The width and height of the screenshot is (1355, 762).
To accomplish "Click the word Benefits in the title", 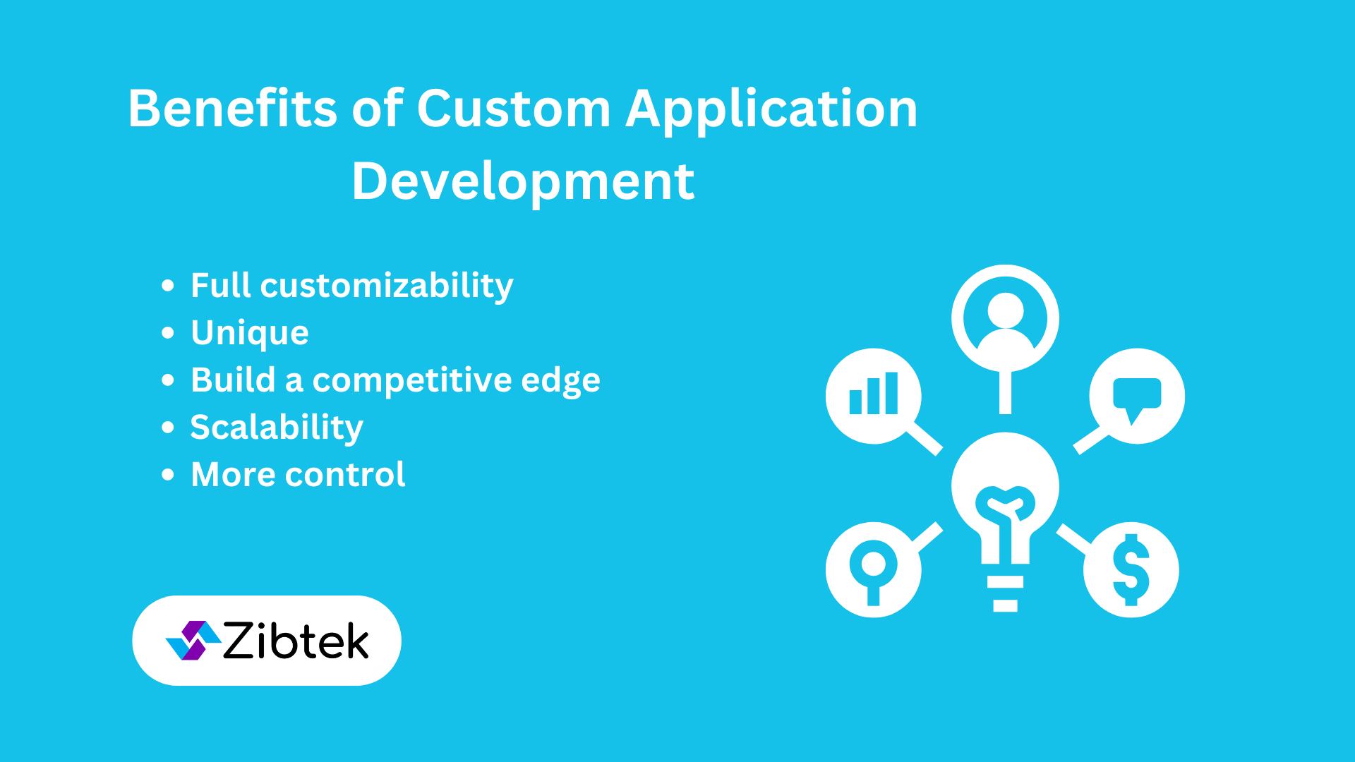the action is (x=233, y=109).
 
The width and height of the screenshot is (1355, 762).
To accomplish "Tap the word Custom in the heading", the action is (x=514, y=109).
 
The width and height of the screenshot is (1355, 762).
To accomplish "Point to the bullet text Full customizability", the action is (x=352, y=286).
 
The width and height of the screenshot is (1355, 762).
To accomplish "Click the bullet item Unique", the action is (x=250, y=333).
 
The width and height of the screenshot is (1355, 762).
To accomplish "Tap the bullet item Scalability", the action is (x=277, y=428).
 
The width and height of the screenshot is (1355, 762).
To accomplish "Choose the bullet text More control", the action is (x=299, y=474).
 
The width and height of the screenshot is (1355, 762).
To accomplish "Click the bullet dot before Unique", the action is (x=168, y=333).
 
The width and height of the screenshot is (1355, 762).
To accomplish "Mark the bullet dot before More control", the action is (x=168, y=475).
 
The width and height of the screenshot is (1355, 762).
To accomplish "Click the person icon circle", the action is (x=1005, y=318).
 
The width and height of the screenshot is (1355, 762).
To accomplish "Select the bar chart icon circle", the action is (x=874, y=396).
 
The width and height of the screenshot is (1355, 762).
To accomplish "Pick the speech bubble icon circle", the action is (x=1137, y=396).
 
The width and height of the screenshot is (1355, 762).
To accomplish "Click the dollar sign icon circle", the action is (x=1131, y=570).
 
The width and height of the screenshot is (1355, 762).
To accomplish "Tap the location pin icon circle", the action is (x=874, y=570).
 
